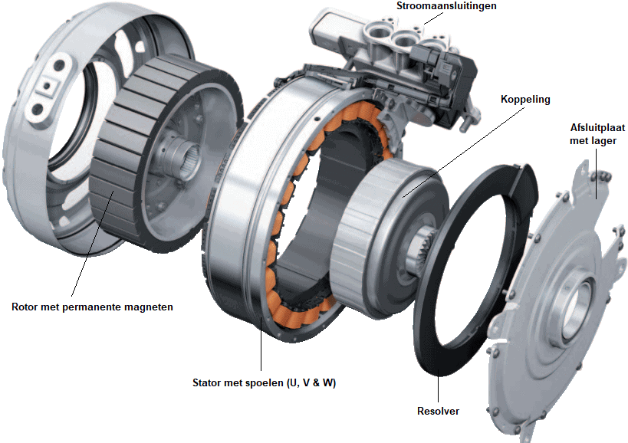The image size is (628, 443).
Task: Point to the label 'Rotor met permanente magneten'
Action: pos(92,307)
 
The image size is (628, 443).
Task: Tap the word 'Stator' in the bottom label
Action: pos(209,382)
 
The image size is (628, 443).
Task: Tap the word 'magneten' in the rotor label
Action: pos(150,307)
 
